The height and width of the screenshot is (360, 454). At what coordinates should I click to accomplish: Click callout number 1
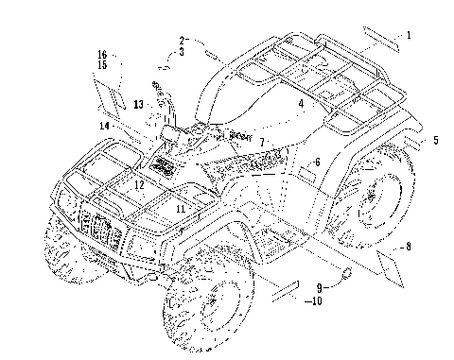point(409,35)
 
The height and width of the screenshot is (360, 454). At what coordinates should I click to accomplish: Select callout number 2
point(182,41)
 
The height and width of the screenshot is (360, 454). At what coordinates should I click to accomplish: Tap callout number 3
point(182,52)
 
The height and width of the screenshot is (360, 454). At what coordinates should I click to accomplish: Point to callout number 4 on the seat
point(302,103)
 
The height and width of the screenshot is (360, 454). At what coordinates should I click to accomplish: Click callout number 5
point(436,140)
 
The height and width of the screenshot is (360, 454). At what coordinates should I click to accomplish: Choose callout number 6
point(317,162)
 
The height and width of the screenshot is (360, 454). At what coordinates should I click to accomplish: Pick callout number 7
point(262,143)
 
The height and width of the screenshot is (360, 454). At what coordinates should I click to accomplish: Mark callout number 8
point(409,247)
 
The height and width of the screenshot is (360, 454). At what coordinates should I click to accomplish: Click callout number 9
point(320,287)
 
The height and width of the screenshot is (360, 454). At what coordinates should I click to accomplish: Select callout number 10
point(317,301)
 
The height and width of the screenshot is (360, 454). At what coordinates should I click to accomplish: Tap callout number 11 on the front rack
point(181,209)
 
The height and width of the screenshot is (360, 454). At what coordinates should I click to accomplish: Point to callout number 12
point(139,185)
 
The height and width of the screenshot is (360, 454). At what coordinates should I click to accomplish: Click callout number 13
point(138,104)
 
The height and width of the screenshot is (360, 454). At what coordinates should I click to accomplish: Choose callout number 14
point(104,126)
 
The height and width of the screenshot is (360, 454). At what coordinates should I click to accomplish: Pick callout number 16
point(102,55)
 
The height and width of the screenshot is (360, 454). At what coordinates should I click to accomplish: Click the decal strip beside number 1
point(381,40)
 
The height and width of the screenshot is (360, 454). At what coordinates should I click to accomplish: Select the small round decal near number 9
point(346,274)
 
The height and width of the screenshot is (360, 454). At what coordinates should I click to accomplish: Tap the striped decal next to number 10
point(286,291)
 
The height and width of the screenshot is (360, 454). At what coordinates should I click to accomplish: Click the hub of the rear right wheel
point(372,197)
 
